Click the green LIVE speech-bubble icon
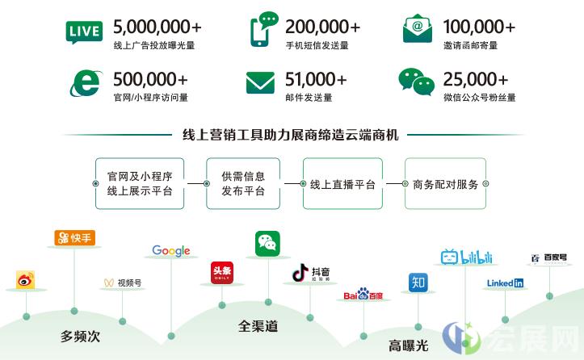click(84, 32)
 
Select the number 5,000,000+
click(158, 27)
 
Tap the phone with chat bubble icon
click(264, 29)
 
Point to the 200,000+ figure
click(322, 27)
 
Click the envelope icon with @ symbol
click(418, 28)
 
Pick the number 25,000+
click(476, 79)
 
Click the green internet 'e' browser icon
click(86, 83)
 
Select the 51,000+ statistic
click(316, 79)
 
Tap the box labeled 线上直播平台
click(342, 183)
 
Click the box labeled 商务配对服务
click(445, 183)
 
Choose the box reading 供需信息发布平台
click(243, 183)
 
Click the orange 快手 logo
click(75, 238)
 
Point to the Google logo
click(171, 251)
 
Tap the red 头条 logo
click(222, 273)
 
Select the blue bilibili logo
click(466, 257)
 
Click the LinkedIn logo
click(505, 283)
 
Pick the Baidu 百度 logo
click(363, 294)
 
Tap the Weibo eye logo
click(25, 280)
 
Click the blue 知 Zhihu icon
click(418, 283)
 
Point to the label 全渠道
click(258, 326)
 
